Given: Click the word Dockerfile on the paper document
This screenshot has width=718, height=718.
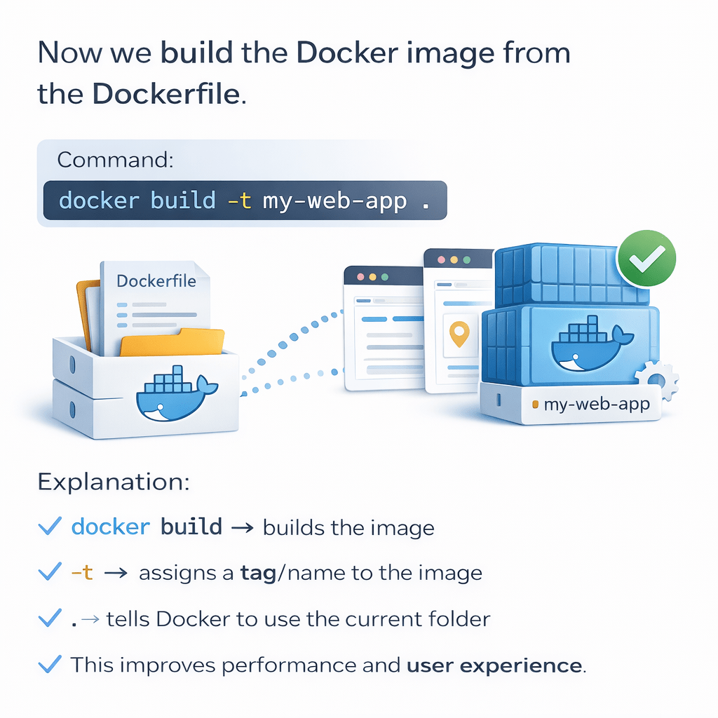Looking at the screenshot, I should [x=155, y=281].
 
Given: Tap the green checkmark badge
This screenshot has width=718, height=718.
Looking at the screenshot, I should [x=646, y=259].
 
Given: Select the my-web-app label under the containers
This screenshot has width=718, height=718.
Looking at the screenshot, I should [x=597, y=405].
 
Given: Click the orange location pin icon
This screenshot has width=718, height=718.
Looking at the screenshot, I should [x=459, y=334].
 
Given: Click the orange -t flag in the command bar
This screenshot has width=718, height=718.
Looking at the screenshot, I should [x=239, y=201].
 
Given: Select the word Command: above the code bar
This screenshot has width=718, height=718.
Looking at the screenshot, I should [x=115, y=160].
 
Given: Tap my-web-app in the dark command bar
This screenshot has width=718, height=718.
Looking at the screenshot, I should [x=334, y=201].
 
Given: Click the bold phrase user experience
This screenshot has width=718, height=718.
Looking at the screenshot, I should [x=494, y=665].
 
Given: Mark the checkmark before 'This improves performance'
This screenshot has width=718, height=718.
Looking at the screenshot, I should [x=49, y=664].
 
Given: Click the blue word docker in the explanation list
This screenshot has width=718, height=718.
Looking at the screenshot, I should [x=111, y=527].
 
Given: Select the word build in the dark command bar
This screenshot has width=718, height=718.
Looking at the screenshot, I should [x=183, y=201].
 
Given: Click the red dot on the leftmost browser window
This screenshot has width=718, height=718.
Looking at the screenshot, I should [x=360, y=278].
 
